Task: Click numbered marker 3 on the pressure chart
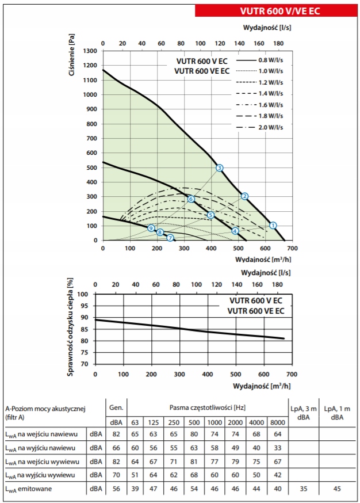(219, 168)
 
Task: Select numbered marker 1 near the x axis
(273, 225)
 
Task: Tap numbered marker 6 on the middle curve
(191, 199)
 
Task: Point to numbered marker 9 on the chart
(151, 228)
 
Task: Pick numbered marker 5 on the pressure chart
(210, 215)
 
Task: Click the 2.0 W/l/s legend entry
(270, 128)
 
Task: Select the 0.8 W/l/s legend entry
(270, 60)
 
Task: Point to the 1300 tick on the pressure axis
(89, 51)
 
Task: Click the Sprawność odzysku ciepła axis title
(71, 327)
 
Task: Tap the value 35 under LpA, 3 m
(304, 489)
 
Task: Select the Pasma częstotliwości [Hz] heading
(206, 407)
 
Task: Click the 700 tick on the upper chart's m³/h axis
(293, 248)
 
